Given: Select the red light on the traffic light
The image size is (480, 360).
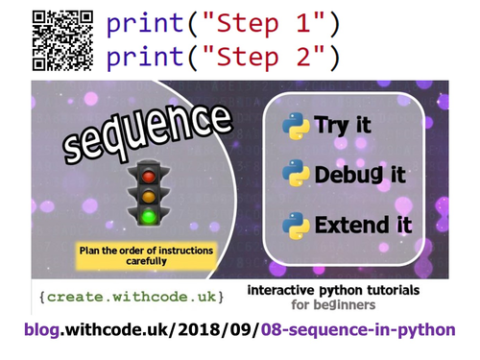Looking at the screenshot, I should click(x=148, y=177).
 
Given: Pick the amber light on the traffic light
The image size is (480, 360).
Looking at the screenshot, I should click(x=148, y=196).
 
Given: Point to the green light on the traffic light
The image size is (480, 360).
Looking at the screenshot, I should click(x=148, y=216).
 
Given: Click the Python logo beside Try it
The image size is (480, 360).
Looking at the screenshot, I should click(x=295, y=124).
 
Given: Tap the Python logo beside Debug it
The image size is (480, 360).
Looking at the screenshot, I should click(x=295, y=175).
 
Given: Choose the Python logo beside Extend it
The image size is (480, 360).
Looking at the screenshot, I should click(x=295, y=226).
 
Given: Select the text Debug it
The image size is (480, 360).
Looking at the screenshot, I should click(x=359, y=176).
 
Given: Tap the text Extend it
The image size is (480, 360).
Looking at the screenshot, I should click(x=362, y=226).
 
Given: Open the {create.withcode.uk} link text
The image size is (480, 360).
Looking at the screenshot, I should click(x=133, y=292).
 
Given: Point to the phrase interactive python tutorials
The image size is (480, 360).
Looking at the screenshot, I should click(x=347, y=289).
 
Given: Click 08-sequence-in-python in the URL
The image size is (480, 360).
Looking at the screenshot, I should click(x=375, y=331).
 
